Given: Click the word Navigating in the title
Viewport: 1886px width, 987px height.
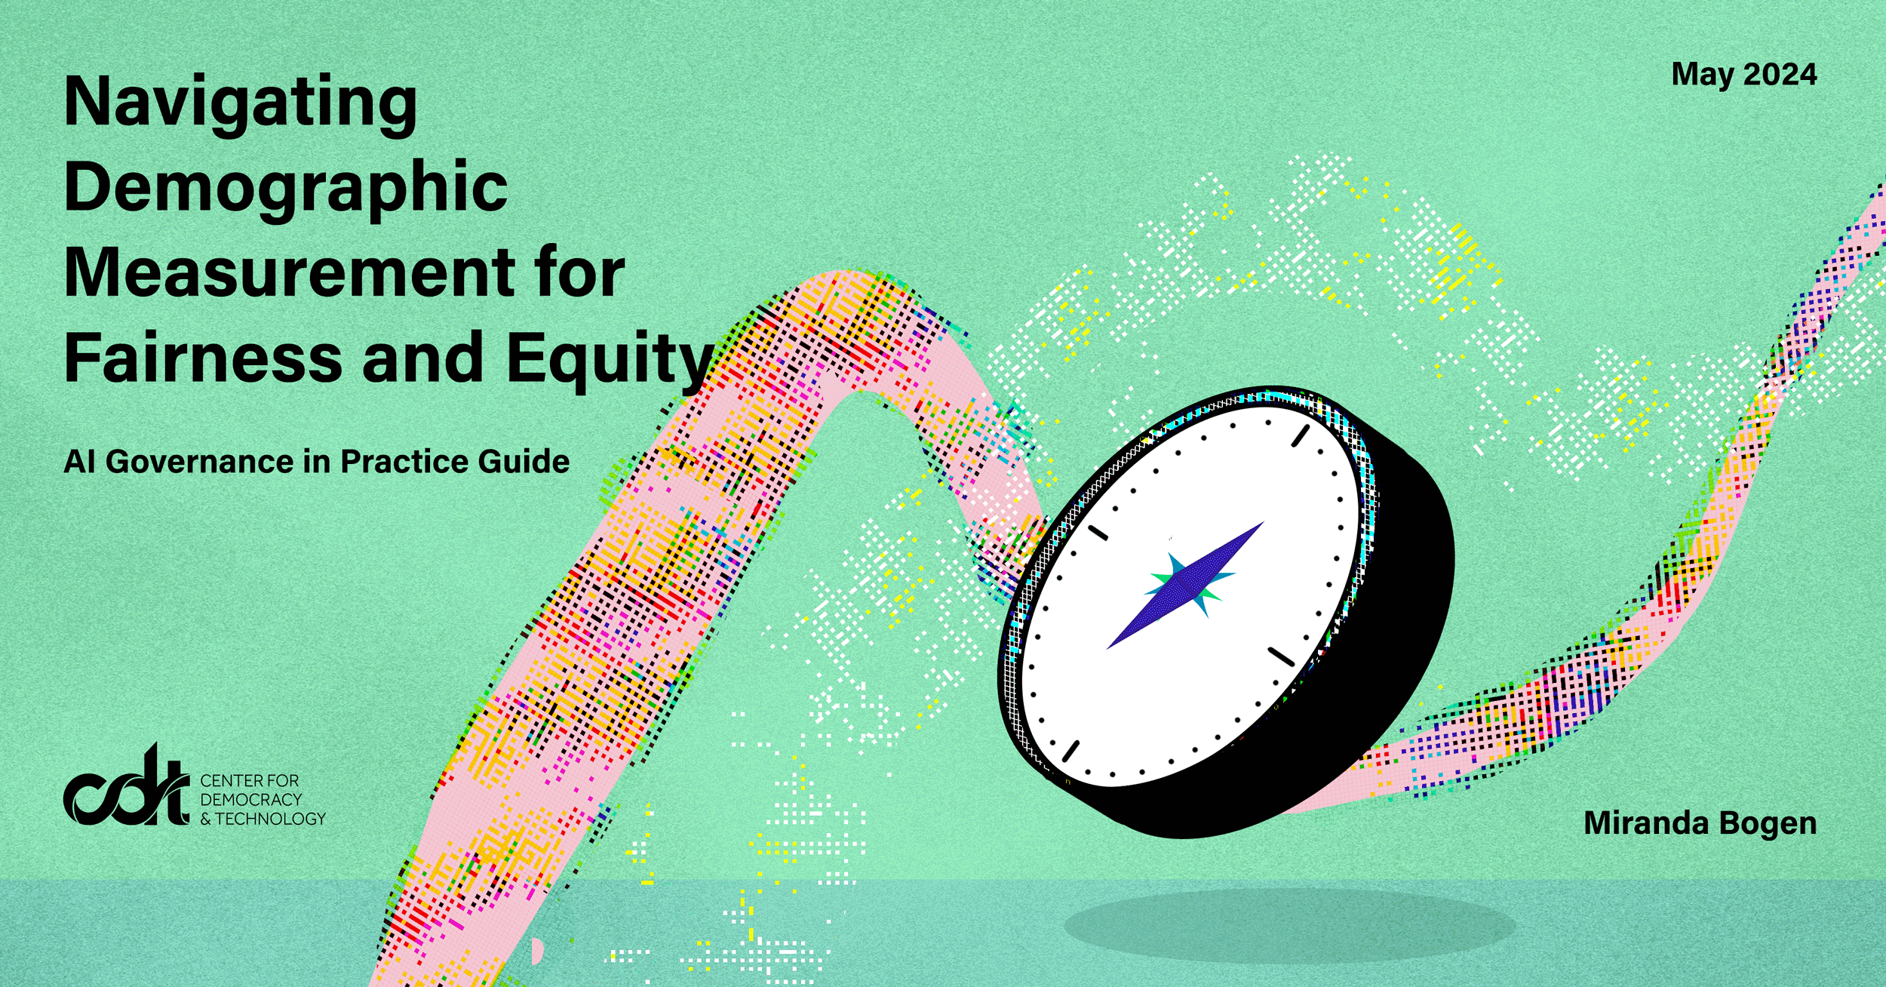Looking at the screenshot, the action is [241, 105].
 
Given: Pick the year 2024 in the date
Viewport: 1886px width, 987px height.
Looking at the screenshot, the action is [1780, 75].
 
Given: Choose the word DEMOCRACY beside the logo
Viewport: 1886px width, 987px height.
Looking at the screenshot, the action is [250, 799].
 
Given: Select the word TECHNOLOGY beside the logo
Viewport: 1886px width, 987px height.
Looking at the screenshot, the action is [271, 819].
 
